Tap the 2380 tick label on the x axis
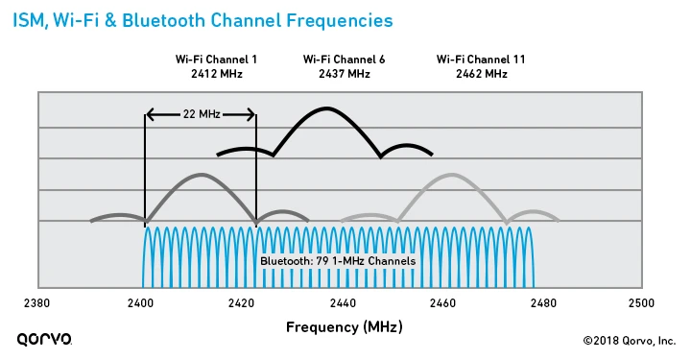click(x=37, y=303)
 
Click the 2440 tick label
click(x=342, y=303)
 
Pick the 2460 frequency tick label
click(x=442, y=303)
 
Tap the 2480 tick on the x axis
click(x=543, y=303)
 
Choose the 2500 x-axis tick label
click(x=641, y=303)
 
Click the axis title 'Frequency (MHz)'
click(x=345, y=327)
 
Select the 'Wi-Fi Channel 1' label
click(x=216, y=60)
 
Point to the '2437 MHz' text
click(x=345, y=73)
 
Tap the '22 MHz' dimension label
click(x=202, y=114)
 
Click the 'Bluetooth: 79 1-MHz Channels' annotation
click(x=338, y=261)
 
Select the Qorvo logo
click(x=44, y=339)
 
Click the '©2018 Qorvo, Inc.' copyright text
click(x=630, y=340)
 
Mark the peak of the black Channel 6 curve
click(x=326, y=108)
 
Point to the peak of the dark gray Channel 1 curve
click(x=201, y=175)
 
